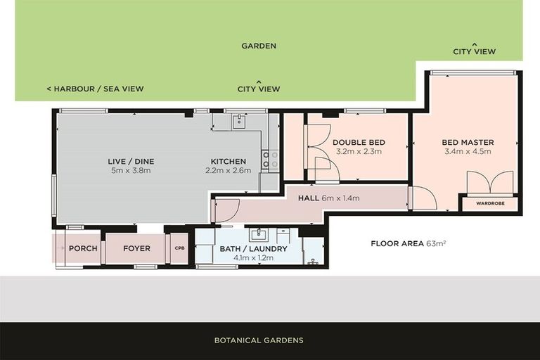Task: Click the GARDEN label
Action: point(259,46)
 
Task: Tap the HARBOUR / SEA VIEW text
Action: point(95,89)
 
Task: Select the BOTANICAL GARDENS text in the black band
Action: point(259,340)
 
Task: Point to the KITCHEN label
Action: point(229,161)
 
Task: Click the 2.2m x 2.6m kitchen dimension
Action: point(229,170)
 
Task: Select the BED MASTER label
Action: point(468,141)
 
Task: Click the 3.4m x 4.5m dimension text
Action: point(468,150)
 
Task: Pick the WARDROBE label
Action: point(489,205)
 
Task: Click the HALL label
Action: point(309,198)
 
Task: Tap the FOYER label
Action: point(136,249)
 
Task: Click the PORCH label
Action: point(83,249)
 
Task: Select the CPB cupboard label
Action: point(179,249)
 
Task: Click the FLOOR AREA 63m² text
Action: point(409,244)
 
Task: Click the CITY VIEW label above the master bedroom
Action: point(474,51)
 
